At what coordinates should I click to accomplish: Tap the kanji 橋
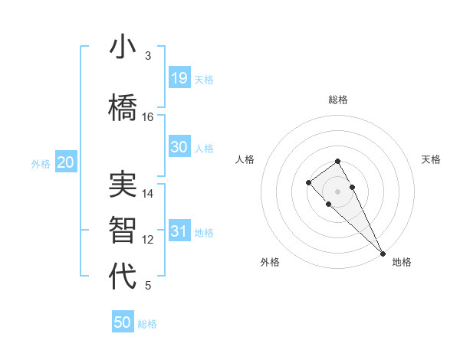pyautogui.click(x=123, y=106)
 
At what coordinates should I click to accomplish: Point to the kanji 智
pyautogui.click(x=123, y=231)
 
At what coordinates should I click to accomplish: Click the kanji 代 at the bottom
pyautogui.click(x=123, y=277)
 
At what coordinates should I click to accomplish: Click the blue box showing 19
pyautogui.click(x=179, y=78)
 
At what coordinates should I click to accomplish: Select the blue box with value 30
pyautogui.click(x=179, y=147)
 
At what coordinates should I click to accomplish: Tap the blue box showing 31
pyautogui.click(x=179, y=231)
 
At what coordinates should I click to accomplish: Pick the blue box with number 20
pyautogui.click(x=65, y=162)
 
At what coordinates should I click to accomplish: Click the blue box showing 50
pyautogui.click(x=123, y=322)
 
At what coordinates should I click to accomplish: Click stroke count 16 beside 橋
pyautogui.click(x=148, y=117)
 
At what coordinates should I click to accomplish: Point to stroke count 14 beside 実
pyautogui.click(x=148, y=195)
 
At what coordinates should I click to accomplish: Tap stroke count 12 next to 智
pyautogui.click(x=148, y=240)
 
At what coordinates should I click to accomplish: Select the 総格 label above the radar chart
pyautogui.click(x=338, y=100)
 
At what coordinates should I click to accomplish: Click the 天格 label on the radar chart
pyautogui.click(x=432, y=159)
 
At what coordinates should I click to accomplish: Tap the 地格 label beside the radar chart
pyautogui.click(x=402, y=262)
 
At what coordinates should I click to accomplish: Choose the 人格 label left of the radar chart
pyautogui.click(x=245, y=159)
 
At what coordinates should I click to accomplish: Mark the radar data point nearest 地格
pyautogui.click(x=383, y=254)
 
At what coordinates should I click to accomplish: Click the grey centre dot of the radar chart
pyautogui.click(x=337, y=191)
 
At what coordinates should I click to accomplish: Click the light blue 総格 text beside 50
pyautogui.click(x=147, y=324)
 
